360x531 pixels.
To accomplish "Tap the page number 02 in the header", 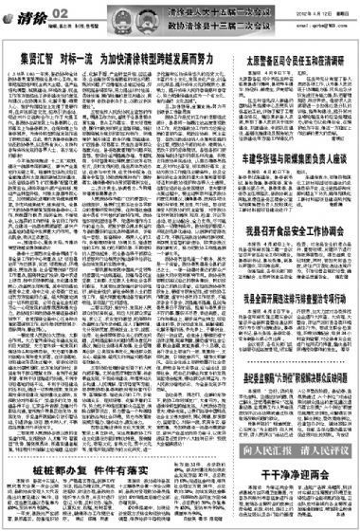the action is point(60,9).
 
